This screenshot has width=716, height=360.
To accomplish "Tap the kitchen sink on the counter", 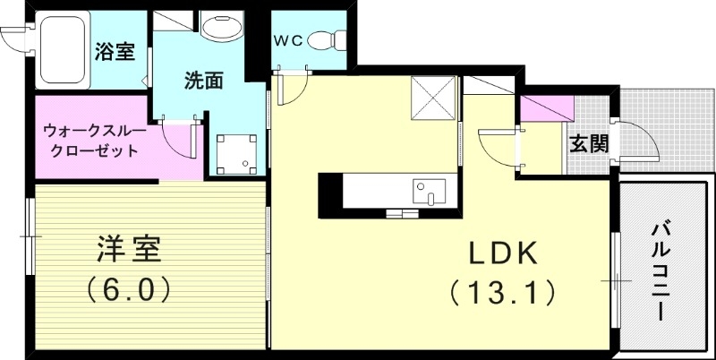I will tap(429, 191).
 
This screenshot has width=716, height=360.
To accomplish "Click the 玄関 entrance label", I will tap(588, 142).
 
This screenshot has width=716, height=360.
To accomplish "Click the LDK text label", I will tap(502, 254).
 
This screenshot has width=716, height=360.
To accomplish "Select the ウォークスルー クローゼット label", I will tap(90, 140).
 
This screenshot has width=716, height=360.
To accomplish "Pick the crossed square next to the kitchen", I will tap(433, 99).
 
